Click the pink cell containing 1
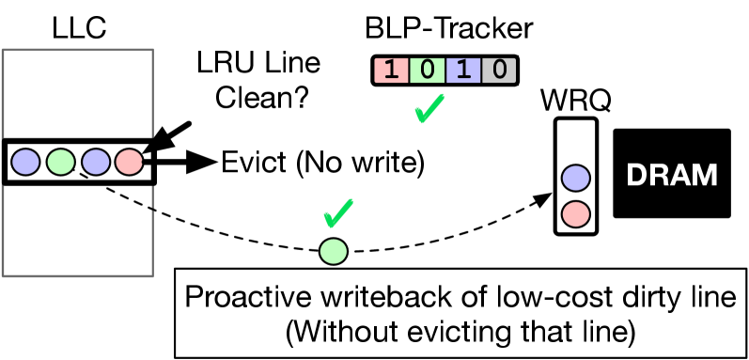pyautogui.click(x=391, y=70)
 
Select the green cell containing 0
pyautogui.click(x=427, y=70)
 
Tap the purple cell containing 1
pyautogui.click(x=463, y=70)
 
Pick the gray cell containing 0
pyautogui.click(x=499, y=70)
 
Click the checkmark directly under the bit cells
pyautogui.click(x=429, y=109)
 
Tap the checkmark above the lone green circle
pyautogui.click(x=338, y=213)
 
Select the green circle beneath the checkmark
pyautogui.click(x=334, y=252)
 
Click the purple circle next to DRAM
pyautogui.click(x=576, y=178)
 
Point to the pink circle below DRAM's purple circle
pyautogui.click(x=576, y=214)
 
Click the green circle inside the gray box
pyautogui.click(x=61, y=162)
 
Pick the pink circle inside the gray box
pyautogui.click(x=129, y=162)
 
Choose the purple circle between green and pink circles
pyautogui.click(x=96, y=162)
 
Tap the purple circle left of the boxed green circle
pyautogui.click(x=25, y=162)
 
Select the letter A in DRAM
pyautogui.click(x=680, y=176)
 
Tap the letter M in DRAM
pyautogui.click(x=705, y=176)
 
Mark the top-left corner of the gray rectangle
pyautogui.click(x=3, y=50)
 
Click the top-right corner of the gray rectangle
pyautogui.click(x=152, y=50)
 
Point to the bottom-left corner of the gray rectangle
pyautogui.click(x=3, y=275)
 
